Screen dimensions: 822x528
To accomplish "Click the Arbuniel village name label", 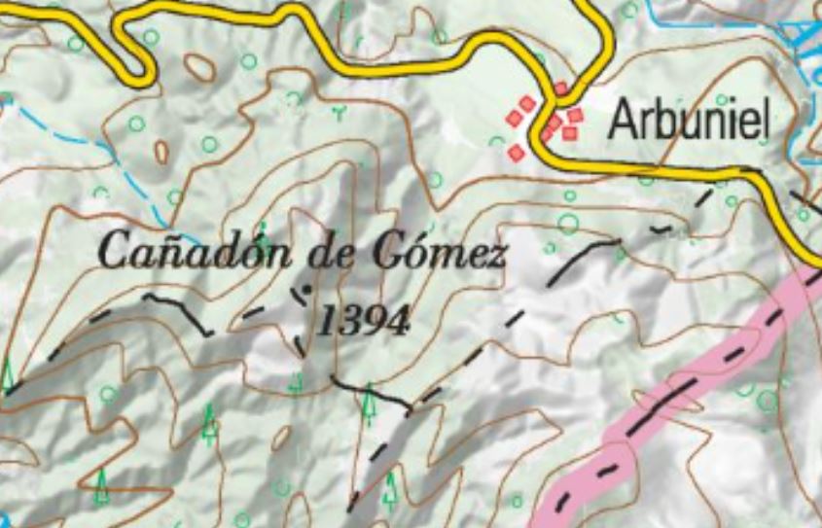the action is [x=689, y=122].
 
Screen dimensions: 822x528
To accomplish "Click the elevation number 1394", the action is [x=363, y=320].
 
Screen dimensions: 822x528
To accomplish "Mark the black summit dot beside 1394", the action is [x=308, y=289].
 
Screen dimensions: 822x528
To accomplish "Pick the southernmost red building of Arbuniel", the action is [x=517, y=153].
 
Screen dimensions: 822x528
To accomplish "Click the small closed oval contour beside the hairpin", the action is [x=199, y=67].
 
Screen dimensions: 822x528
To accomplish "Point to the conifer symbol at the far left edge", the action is [x=8, y=374].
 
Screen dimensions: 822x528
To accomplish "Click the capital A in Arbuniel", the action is [x=623, y=122].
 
